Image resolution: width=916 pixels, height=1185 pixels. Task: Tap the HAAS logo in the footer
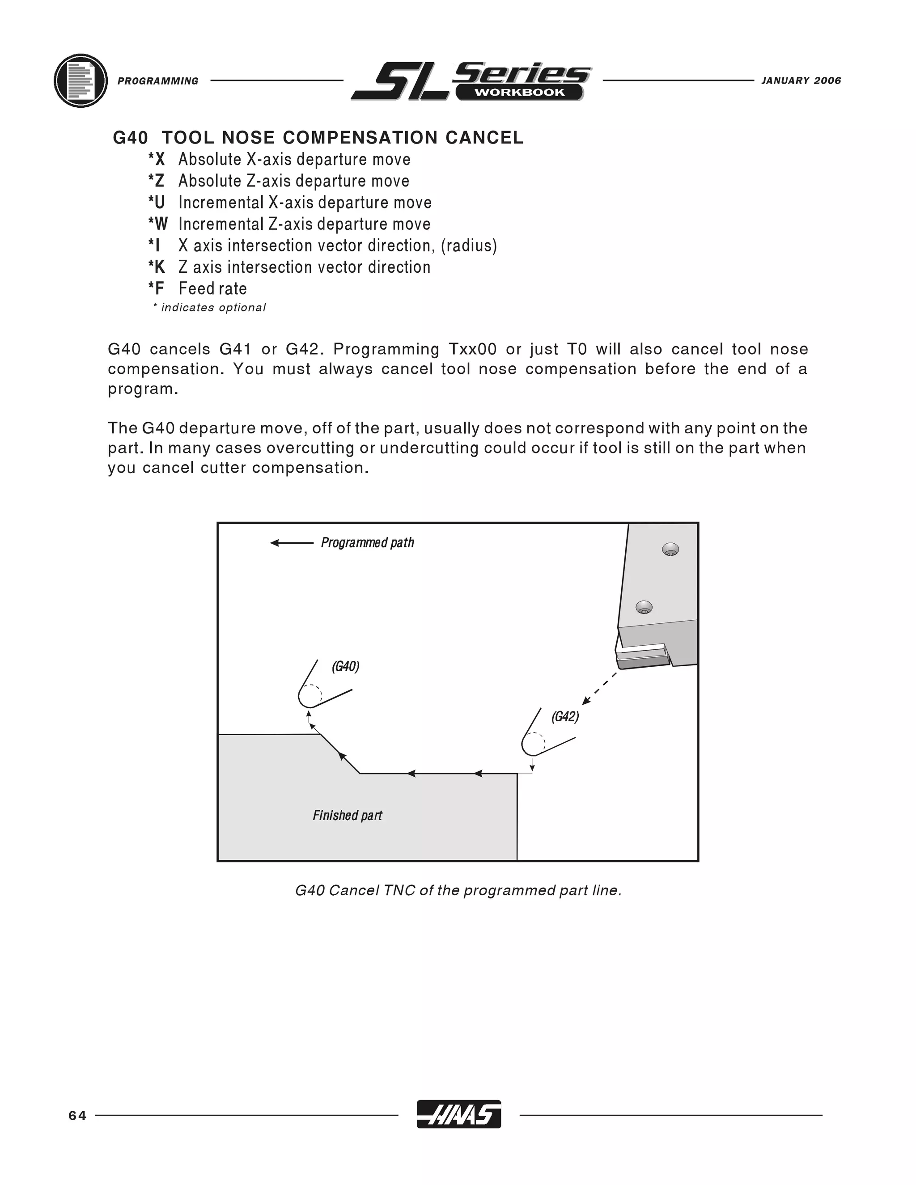(458, 1114)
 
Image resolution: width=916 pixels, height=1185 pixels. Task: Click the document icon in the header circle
(81, 81)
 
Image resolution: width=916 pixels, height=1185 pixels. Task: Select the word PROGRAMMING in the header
(158, 81)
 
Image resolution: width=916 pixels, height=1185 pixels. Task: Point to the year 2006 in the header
(827, 81)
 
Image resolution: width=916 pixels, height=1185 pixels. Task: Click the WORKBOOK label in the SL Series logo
(519, 92)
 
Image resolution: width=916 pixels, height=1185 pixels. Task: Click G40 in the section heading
(130, 138)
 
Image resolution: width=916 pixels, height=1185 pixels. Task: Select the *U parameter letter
(157, 203)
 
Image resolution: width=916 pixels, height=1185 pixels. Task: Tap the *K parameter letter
(157, 267)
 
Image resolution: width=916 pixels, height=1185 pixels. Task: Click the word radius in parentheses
(469, 246)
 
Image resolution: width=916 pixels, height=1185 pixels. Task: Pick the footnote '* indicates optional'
(209, 308)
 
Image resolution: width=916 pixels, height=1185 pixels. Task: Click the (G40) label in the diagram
(346, 666)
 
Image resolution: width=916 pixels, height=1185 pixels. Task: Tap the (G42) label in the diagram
(565, 717)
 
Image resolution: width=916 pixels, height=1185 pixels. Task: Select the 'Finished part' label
(347, 816)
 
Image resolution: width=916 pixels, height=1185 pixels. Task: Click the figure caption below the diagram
(458, 890)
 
